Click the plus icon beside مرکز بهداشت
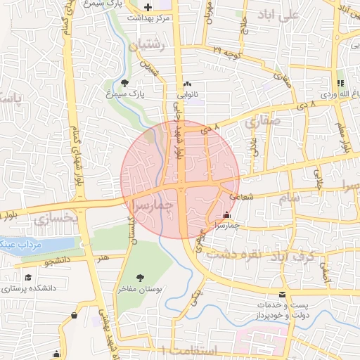(147, 7)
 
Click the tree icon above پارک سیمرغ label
(124, 83)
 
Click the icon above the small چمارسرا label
(226, 215)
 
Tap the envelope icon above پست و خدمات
(283, 294)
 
